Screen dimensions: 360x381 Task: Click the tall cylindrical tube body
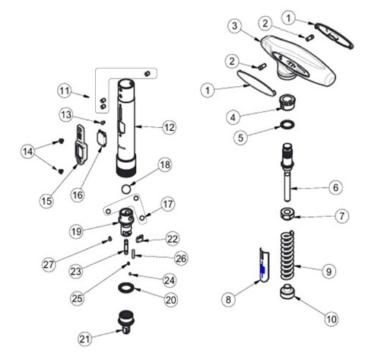[126, 122]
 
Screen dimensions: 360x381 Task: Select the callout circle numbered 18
[165, 165]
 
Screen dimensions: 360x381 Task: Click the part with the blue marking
[259, 267]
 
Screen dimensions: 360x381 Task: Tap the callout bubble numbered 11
[66, 90]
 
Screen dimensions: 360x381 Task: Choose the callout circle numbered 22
[173, 239]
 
